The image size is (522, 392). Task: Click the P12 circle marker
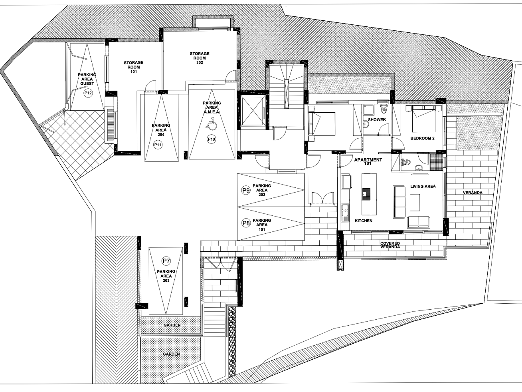click(88, 93)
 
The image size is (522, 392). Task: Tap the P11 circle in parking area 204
click(158, 145)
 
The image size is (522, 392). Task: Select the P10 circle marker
click(212, 139)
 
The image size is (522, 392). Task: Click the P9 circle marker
click(246, 191)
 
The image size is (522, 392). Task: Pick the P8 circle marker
click(246, 223)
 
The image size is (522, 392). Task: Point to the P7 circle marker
click(166, 261)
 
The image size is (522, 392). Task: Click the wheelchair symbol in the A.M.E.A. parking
click(212, 124)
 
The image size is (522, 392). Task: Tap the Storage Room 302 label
click(200, 58)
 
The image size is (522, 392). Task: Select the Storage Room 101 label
click(134, 67)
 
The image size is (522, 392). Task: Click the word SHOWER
click(377, 119)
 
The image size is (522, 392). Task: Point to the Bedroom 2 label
click(422, 138)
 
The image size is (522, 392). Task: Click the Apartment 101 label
click(368, 161)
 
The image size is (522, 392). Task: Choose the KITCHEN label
click(364, 221)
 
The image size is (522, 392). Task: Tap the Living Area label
click(423, 186)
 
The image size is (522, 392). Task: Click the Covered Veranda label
click(390, 245)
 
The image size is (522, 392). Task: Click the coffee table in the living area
click(415, 202)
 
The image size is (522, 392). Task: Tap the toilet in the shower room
click(384, 109)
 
